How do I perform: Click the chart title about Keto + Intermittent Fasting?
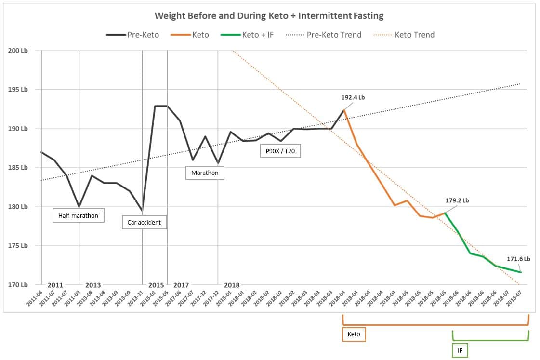click(269, 16)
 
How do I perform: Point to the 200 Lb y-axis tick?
click(17, 51)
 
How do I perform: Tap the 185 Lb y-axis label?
click(17, 168)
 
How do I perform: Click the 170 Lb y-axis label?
click(17, 285)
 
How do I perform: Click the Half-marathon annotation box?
click(78, 215)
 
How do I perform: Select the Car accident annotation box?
click(144, 223)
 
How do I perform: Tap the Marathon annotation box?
click(205, 173)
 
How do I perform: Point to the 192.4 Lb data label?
click(353, 97)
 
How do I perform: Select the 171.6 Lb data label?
click(518, 259)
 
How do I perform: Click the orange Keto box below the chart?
click(354, 334)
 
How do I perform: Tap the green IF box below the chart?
click(460, 351)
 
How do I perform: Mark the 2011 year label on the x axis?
click(55, 285)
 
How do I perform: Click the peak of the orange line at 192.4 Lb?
click(344, 110)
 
